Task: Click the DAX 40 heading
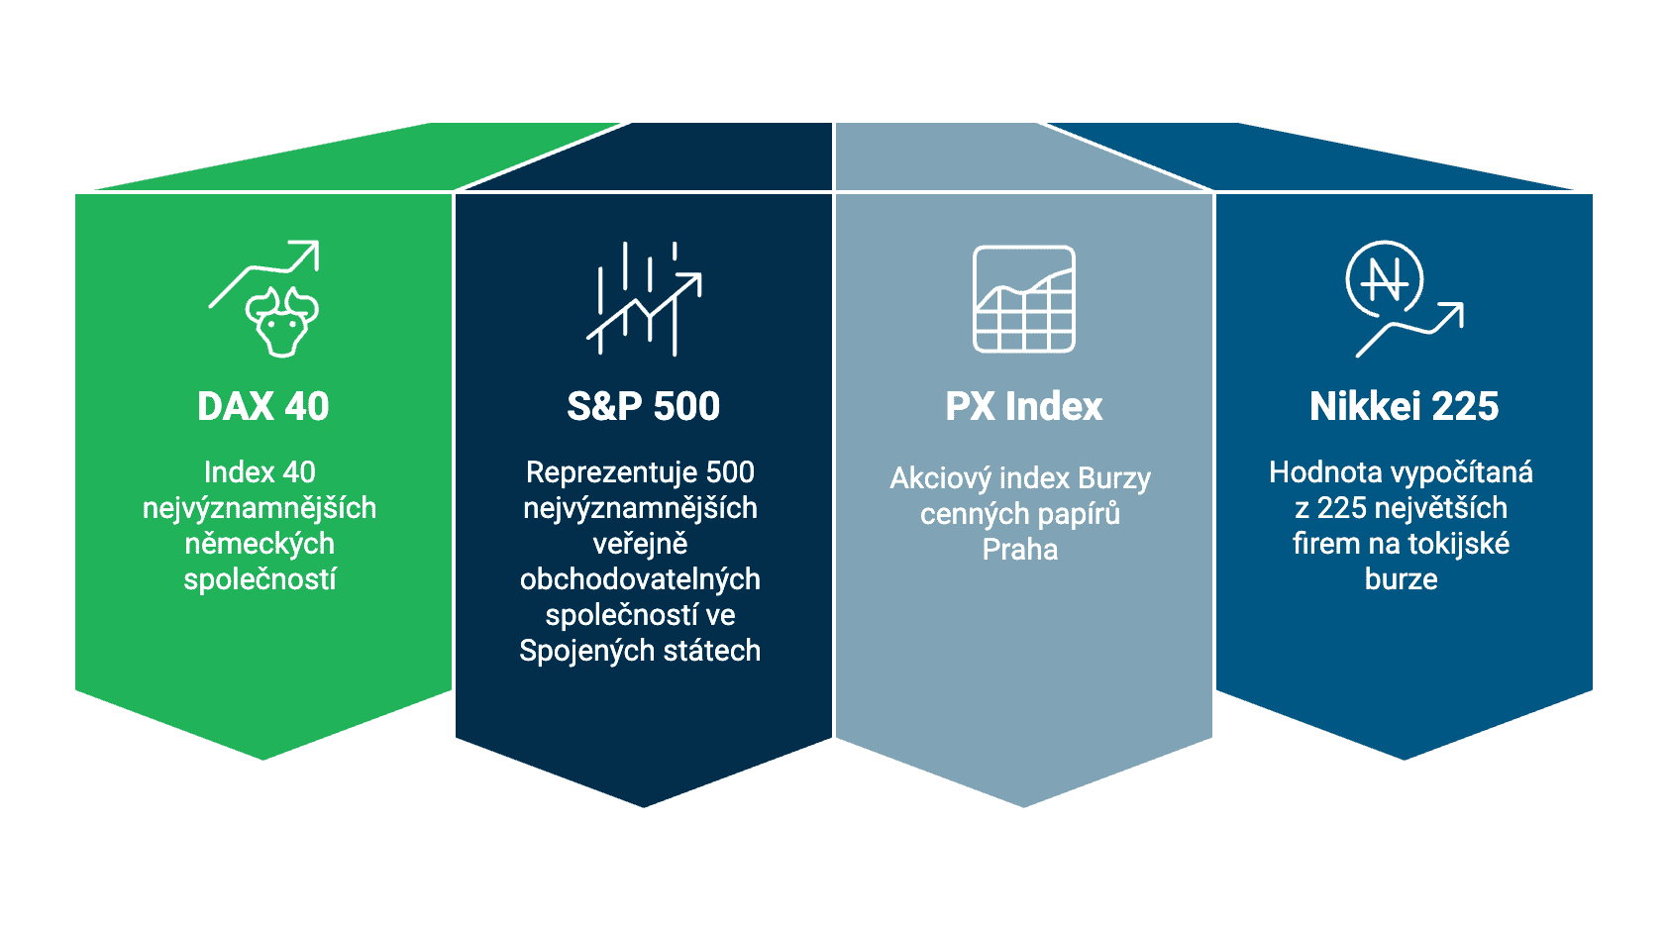point(262,407)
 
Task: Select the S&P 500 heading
point(643,407)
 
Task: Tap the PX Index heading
point(1023,407)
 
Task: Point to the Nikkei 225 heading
point(1404,407)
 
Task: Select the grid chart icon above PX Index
point(1023,299)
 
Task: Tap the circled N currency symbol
point(1384,279)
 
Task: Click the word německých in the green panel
point(260,544)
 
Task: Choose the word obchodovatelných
point(640,579)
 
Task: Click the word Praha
point(1019,550)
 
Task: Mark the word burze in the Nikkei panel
point(1401,579)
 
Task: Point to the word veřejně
point(640,544)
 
